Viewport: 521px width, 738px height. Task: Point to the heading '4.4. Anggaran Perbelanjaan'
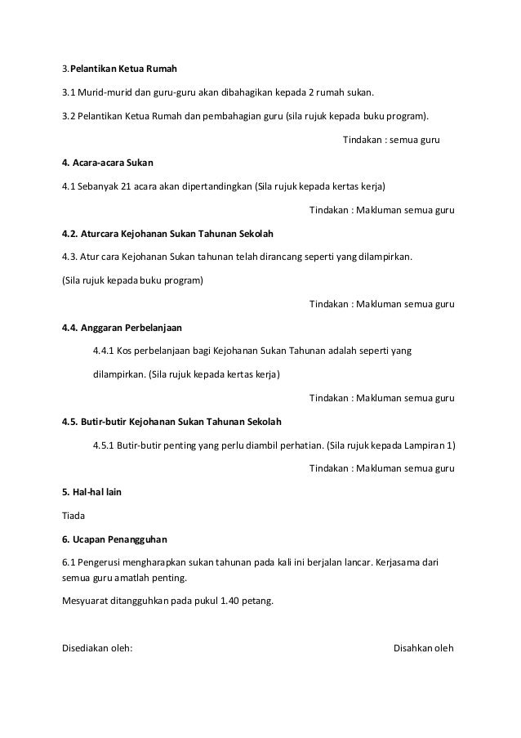coord(122,327)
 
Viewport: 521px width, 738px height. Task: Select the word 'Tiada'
coord(73,517)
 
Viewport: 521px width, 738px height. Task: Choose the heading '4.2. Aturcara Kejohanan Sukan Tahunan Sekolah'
coord(167,233)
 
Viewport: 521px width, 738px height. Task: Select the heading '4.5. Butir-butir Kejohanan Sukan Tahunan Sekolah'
coord(171,422)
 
